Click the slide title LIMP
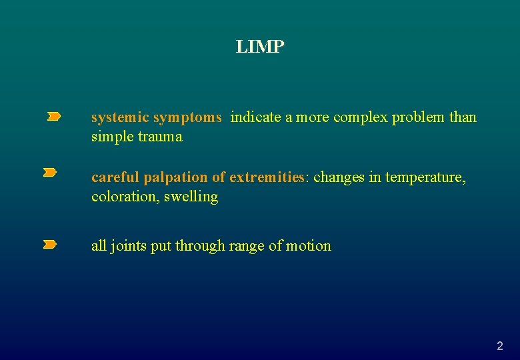tap(260, 47)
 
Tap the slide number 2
tap(500, 346)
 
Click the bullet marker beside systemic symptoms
tap(53, 117)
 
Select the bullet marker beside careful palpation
tap(50, 173)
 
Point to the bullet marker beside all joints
tap(50, 245)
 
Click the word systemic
tap(120, 117)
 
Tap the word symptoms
tap(187, 118)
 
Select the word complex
tap(360, 117)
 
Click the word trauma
tap(160, 137)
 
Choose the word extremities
tap(267, 177)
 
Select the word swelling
tap(193, 197)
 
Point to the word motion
tap(309, 246)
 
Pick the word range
tap(247, 247)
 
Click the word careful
tap(115, 177)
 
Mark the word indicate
tap(256, 117)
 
